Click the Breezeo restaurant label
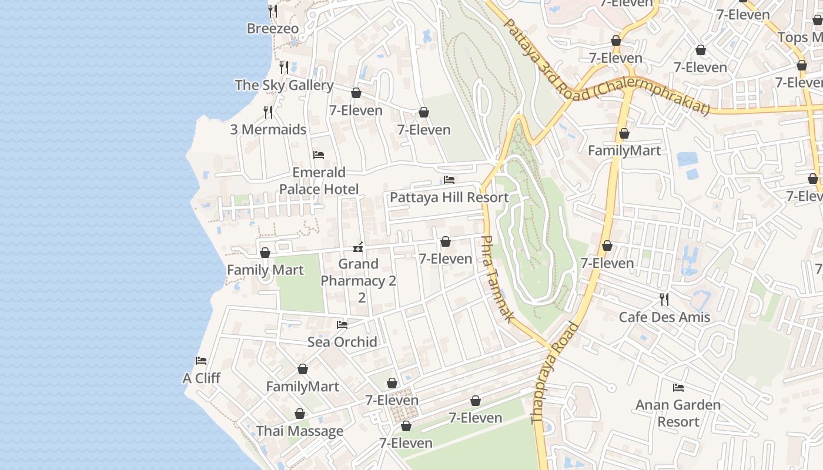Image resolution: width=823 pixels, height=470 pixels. coord(272,29)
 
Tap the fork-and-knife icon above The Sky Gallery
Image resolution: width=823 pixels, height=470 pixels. coord(284,67)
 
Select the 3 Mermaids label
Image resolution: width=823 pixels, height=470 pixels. coord(268,129)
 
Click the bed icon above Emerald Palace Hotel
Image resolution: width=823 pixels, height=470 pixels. coord(319,155)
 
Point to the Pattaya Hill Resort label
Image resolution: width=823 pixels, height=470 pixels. coord(449,197)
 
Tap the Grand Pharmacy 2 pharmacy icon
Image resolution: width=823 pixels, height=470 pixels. coord(357,247)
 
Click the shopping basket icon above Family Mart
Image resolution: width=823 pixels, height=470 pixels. coord(265,253)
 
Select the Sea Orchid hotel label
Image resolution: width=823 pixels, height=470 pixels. coord(342,342)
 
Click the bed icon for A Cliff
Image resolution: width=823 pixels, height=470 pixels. coord(201,360)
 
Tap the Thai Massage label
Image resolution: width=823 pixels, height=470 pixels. coord(300,431)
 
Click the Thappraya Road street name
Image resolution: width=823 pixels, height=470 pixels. coord(555,374)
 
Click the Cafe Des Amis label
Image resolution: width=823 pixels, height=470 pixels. coord(664,317)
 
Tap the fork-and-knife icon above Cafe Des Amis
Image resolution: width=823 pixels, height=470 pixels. coord(664,300)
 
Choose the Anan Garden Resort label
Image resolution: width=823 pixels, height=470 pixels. coord(678,413)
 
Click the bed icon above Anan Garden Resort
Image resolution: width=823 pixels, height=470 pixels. coord(678,388)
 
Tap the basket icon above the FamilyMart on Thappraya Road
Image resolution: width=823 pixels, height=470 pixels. coord(624,133)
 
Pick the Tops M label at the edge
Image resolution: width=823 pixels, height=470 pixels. coord(800,38)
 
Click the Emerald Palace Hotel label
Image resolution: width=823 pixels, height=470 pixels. coord(319,180)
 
